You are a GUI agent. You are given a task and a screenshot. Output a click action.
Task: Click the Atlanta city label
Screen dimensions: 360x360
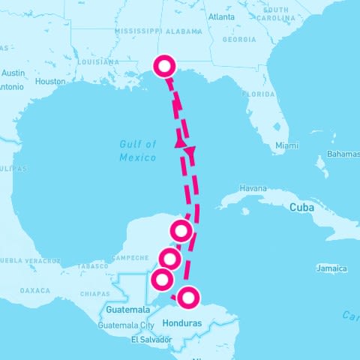[x=221, y=16]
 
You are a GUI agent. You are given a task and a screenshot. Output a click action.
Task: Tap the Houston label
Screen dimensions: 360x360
[x=51, y=81]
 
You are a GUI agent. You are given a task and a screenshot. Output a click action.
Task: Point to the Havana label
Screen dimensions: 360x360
[x=252, y=187]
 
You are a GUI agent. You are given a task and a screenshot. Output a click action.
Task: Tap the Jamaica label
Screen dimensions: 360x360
[x=332, y=268]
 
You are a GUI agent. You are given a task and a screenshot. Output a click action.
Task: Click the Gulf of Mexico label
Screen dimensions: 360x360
[x=138, y=151]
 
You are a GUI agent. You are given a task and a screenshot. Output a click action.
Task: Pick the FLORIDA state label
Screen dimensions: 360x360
[x=258, y=95]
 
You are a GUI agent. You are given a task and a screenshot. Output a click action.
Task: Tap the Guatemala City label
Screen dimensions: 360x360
[x=130, y=325]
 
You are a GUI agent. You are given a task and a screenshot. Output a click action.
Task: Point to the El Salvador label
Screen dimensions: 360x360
[x=146, y=340]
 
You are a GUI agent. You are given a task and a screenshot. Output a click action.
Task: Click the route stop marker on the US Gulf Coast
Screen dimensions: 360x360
[x=163, y=67]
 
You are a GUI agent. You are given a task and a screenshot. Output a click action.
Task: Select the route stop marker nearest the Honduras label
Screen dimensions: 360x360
[x=188, y=298]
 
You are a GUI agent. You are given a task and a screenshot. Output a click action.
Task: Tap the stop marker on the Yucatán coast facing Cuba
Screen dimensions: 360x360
[x=181, y=230]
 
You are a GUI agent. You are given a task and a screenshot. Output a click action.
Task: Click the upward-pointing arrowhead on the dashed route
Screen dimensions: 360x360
[x=180, y=140]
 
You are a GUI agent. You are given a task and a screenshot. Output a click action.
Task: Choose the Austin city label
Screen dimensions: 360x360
[x=13, y=73]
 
